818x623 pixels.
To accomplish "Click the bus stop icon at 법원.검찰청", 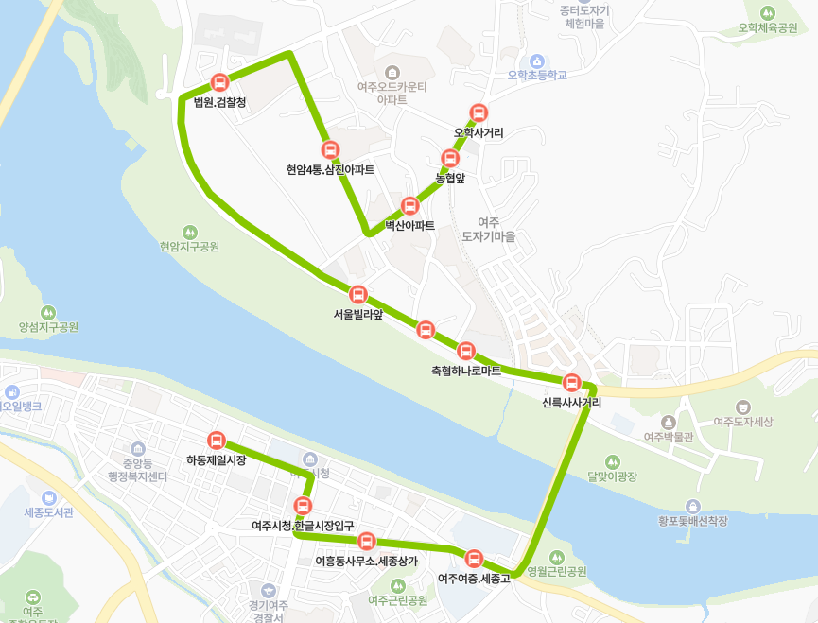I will click(x=219, y=82).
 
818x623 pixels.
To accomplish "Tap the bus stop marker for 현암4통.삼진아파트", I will click(x=330, y=149).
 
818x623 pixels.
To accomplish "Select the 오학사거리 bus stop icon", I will click(x=479, y=112).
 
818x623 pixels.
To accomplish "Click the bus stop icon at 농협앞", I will click(x=450, y=158).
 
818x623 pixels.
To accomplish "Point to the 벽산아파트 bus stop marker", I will click(x=409, y=205).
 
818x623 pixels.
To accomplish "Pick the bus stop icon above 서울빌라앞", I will click(x=357, y=294).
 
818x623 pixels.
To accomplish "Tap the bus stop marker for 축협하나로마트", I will click(x=465, y=352).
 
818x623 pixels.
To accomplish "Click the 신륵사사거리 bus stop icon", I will click(x=571, y=383).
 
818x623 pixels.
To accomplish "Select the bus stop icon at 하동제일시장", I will click(x=217, y=440).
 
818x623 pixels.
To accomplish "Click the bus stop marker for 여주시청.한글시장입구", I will click(x=303, y=505).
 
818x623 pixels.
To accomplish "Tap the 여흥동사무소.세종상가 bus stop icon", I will click(x=367, y=541).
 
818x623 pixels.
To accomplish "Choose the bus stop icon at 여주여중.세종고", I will click(x=474, y=558).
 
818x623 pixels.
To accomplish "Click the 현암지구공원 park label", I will click(x=189, y=247).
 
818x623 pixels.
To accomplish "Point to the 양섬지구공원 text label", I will click(x=48, y=327).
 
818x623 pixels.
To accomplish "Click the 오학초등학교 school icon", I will click(x=536, y=61).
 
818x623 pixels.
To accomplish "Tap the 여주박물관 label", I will click(x=669, y=437).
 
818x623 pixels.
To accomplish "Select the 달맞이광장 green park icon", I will click(x=613, y=461).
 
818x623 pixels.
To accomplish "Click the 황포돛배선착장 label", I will click(x=693, y=520).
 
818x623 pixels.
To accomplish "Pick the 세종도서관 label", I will click(x=48, y=512).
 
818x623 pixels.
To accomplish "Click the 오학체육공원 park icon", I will click(x=768, y=12).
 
